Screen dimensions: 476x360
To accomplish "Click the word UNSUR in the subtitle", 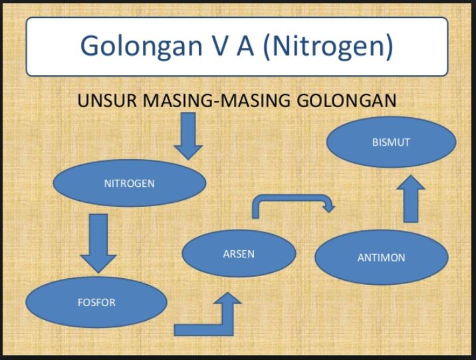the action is point(108,102).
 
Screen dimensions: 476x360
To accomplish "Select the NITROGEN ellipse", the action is point(129,184).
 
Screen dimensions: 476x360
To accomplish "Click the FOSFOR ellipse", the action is point(96,303).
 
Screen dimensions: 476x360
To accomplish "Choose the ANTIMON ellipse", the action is point(381,258).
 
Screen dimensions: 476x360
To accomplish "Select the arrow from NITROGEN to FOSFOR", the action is point(98,243).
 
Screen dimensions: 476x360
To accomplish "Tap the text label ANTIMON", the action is point(381,258).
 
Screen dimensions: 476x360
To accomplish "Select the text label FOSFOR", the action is point(96,303).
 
